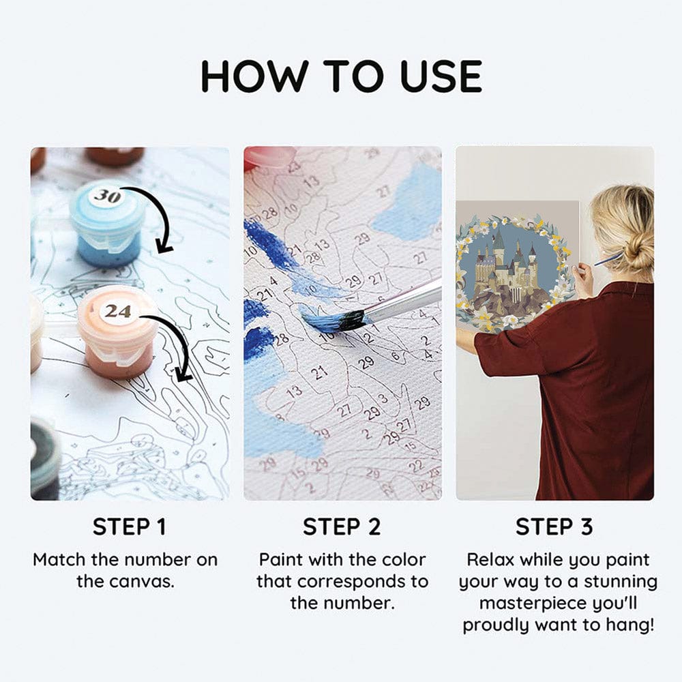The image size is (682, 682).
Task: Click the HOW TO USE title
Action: [x=342, y=76]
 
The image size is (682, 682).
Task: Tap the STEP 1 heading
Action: [x=129, y=527]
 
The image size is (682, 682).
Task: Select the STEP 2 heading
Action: [x=342, y=527]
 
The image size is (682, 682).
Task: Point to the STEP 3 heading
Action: [x=554, y=527]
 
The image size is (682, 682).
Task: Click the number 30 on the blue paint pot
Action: [x=108, y=196]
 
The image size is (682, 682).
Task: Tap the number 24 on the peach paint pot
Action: [x=117, y=311]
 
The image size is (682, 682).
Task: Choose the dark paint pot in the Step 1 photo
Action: [x=45, y=459]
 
